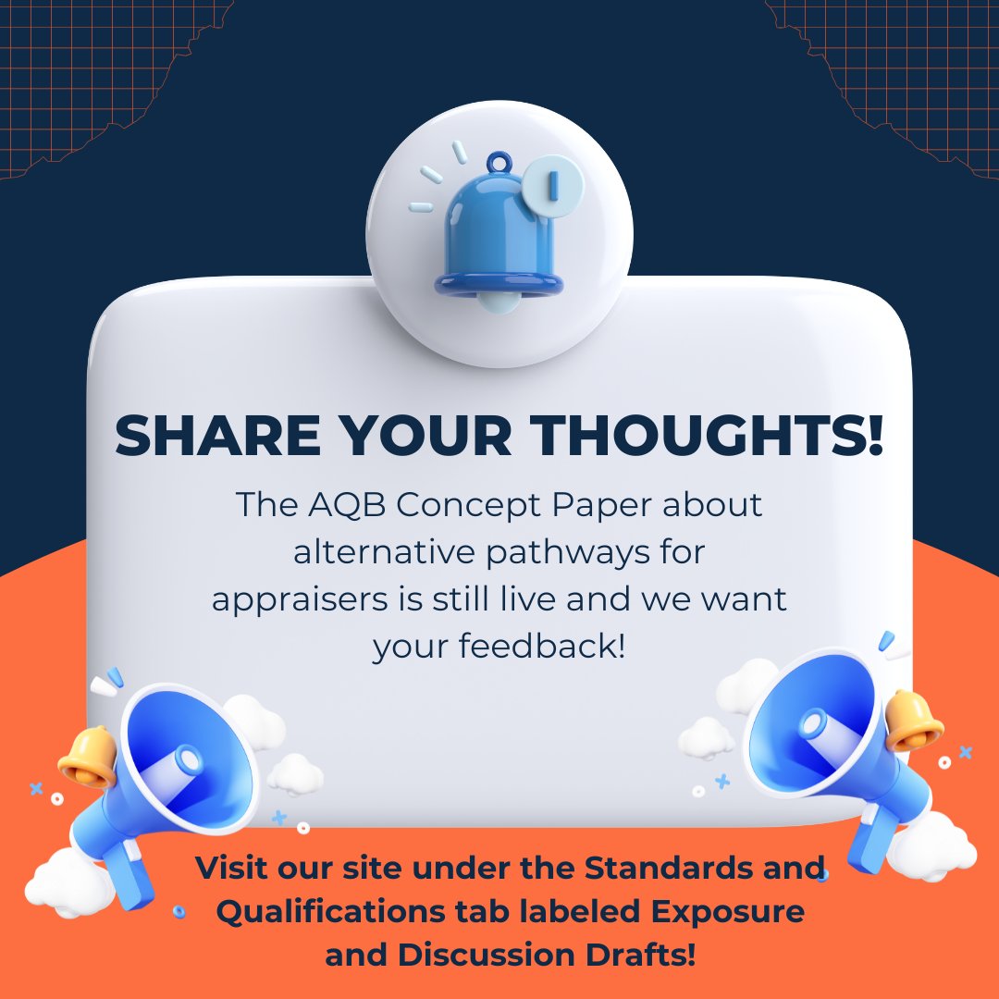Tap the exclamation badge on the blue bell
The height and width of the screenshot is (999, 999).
pos(553,185)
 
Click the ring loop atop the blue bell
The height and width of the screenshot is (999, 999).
pos(500,161)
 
